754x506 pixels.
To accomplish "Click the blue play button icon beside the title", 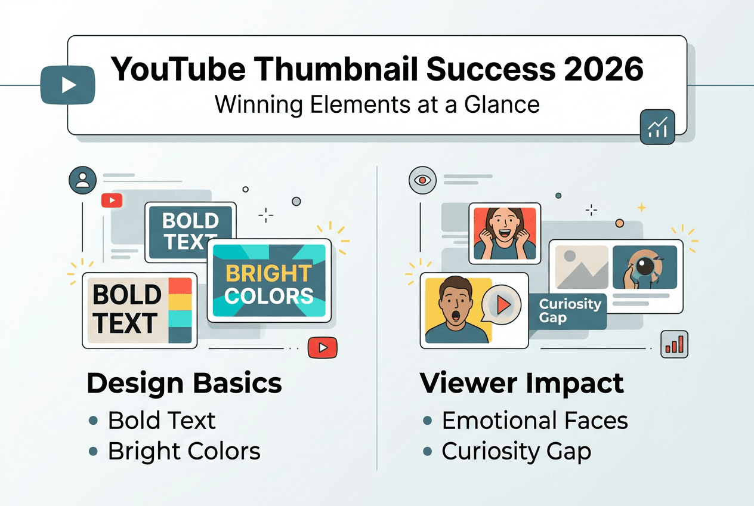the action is pyautogui.click(x=67, y=85).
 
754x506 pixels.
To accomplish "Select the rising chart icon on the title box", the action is pyautogui.click(x=657, y=127).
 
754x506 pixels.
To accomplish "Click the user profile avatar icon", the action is pyautogui.click(x=82, y=180).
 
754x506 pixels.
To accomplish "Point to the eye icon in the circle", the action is pyautogui.click(x=422, y=180).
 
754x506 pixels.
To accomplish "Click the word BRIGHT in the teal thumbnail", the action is pyautogui.click(x=268, y=273).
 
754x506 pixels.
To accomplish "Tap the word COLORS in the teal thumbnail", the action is pyautogui.click(x=268, y=296).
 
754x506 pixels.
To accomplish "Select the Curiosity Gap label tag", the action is pyautogui.click(x=568, y=311).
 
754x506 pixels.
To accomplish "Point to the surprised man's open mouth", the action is pyautogui.click(x=455, y=316).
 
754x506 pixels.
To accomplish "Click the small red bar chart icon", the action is pyautogui.click(x=674, y=344).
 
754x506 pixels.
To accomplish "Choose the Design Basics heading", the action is pyautogui.click(x=184, y=383).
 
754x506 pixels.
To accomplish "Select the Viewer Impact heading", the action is pyautogui.click(x=522, y=384).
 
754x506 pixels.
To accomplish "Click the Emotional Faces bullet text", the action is pyautogui.click(x=535, y=421).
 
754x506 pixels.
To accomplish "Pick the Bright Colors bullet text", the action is pyautogui.click(x=184, y=451).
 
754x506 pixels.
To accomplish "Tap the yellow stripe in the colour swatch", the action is pyautogui.click(x=180, y=302).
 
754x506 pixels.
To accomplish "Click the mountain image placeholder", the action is pyautogui.click(x=582, y=267).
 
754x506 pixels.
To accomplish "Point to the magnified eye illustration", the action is pyautogui.click(x=645, y=267).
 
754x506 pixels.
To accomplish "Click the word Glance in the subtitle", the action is pyautogui.click(x=502, y=105).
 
